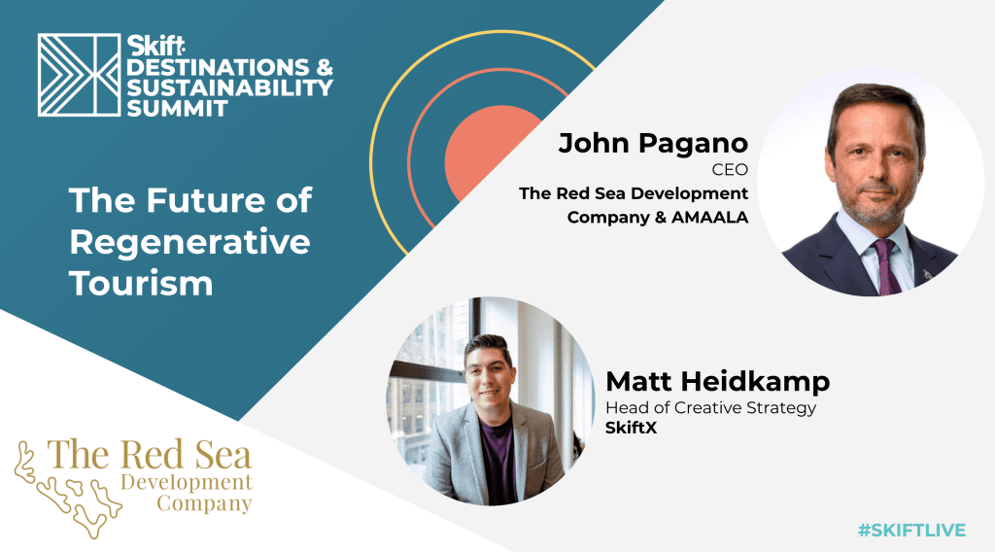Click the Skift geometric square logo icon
tap(80, 75)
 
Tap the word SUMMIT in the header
tap(177, 108)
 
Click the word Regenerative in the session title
tap(189, 242)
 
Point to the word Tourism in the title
tap(141, 283)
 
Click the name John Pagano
tap(654, 144)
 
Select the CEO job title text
tap(730, 170)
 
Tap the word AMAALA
tap(710, 217)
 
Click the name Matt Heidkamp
tap(718, 381)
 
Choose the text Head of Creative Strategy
tap(710, 407)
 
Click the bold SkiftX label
tap(631, 428)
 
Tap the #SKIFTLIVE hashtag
tap(911, 530)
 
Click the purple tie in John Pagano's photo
tap(887, 266)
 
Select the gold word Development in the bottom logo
tap(187, 483)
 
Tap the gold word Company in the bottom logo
tap(204, 503)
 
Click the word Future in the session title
tap(206, 200)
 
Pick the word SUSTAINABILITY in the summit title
tap(229, 87)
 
